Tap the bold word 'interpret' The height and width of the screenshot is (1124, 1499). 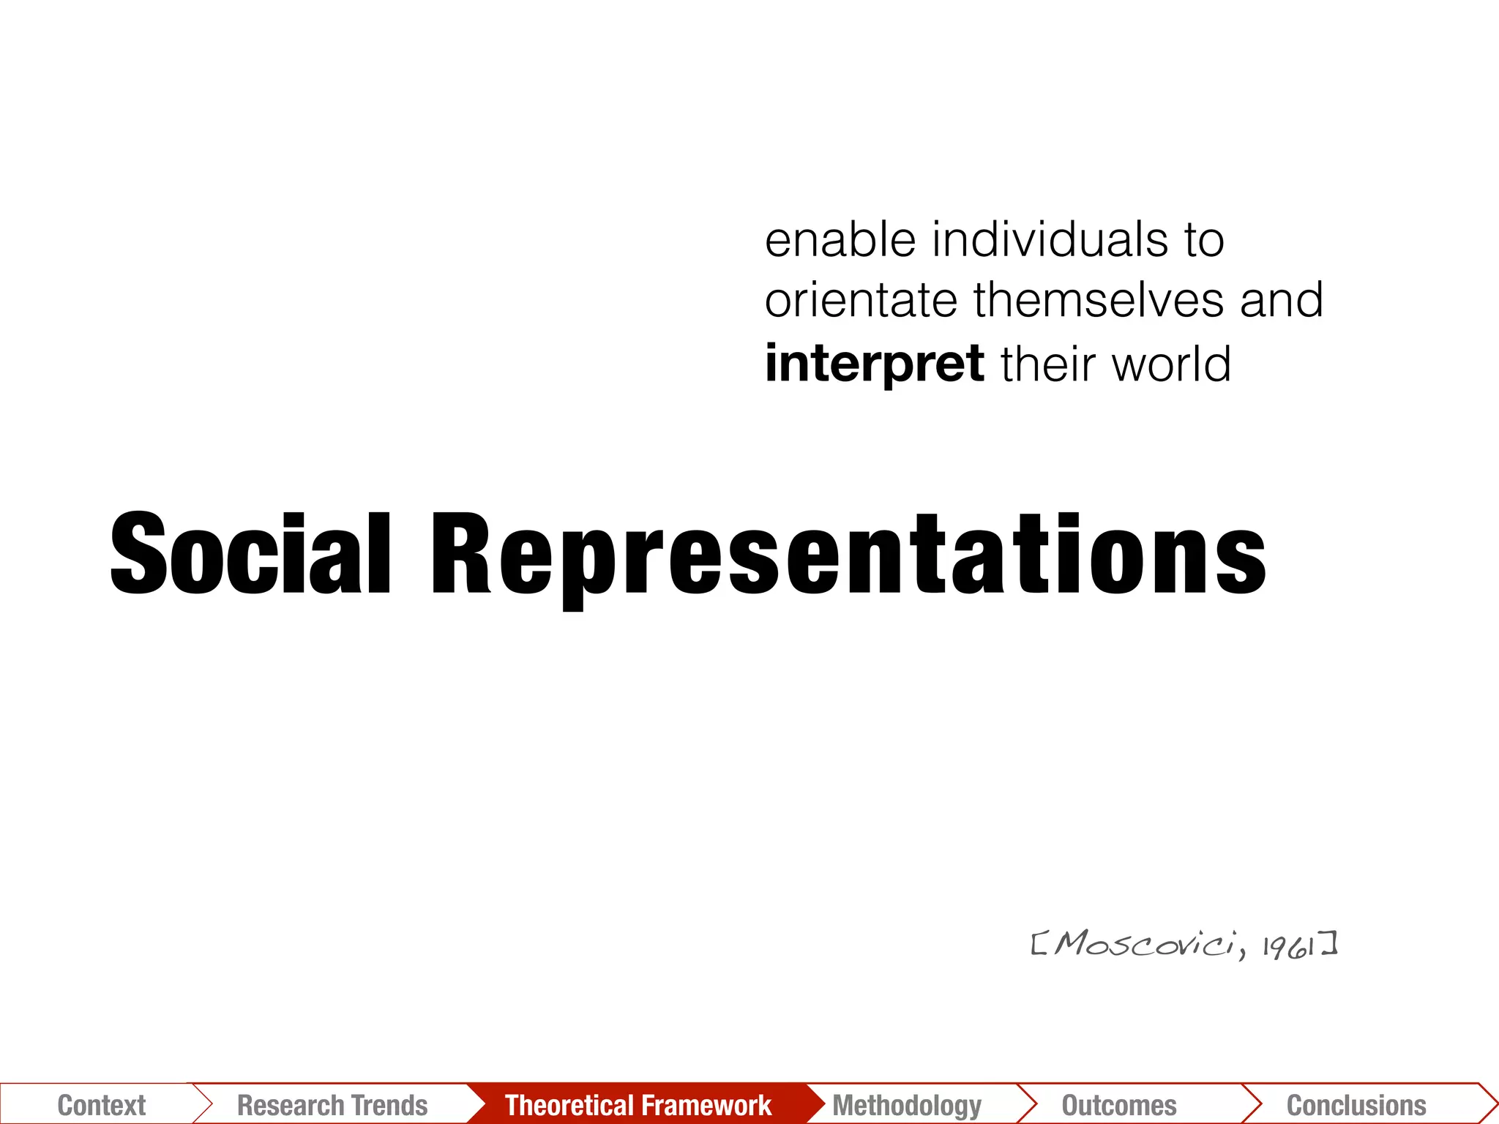[874, 364]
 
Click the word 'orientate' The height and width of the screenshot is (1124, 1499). [861, 300]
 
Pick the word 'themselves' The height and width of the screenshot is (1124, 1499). [1098, 300]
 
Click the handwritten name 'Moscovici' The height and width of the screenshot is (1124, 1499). [1146, 944]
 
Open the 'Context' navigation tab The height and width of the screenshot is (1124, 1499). [101, 1105]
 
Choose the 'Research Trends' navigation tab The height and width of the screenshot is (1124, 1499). [332, 1105]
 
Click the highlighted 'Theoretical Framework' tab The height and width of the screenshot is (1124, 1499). [638, 1105]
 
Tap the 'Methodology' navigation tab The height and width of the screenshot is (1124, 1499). [907, 1105]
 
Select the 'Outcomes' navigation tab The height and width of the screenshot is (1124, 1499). [1119, 1105]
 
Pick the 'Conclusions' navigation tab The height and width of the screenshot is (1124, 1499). [1356, 1105]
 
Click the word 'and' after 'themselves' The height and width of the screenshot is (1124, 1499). [1282, 300]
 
